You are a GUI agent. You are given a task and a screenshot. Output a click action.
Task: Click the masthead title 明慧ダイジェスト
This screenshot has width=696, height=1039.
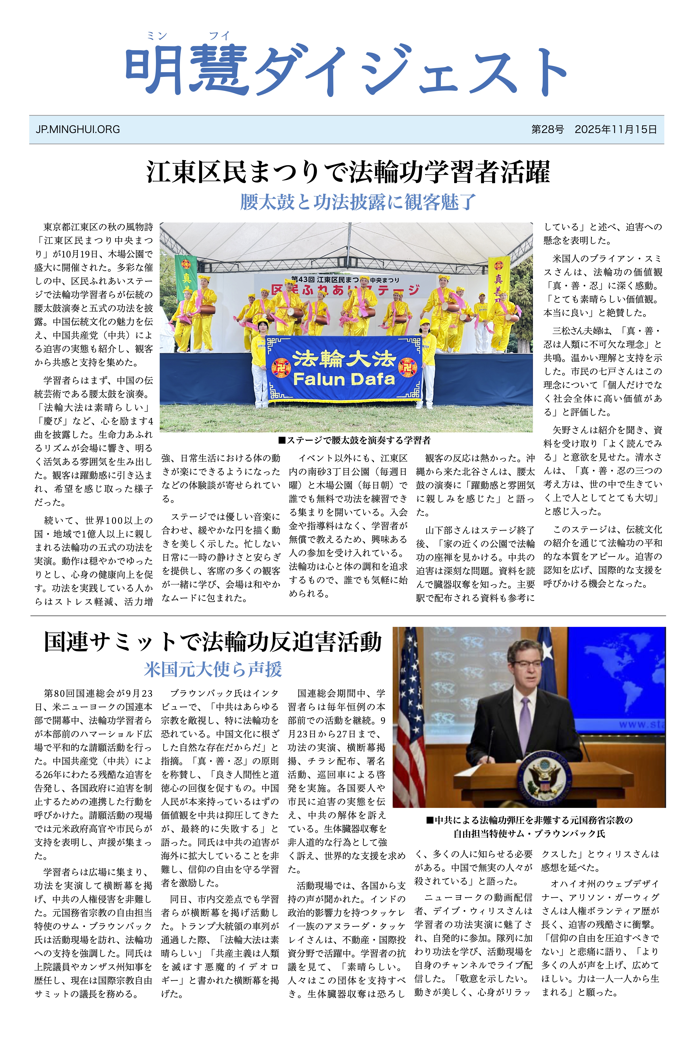346,71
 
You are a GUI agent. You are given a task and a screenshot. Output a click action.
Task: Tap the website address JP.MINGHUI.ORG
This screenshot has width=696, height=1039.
78,130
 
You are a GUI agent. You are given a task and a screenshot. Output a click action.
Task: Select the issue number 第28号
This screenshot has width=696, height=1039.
547,130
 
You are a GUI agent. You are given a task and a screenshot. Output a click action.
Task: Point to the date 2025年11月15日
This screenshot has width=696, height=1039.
616,130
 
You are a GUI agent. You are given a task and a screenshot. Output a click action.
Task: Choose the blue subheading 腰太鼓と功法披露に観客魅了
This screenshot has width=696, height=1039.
358,202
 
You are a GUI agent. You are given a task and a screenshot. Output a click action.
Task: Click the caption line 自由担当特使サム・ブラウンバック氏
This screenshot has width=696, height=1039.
529,833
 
